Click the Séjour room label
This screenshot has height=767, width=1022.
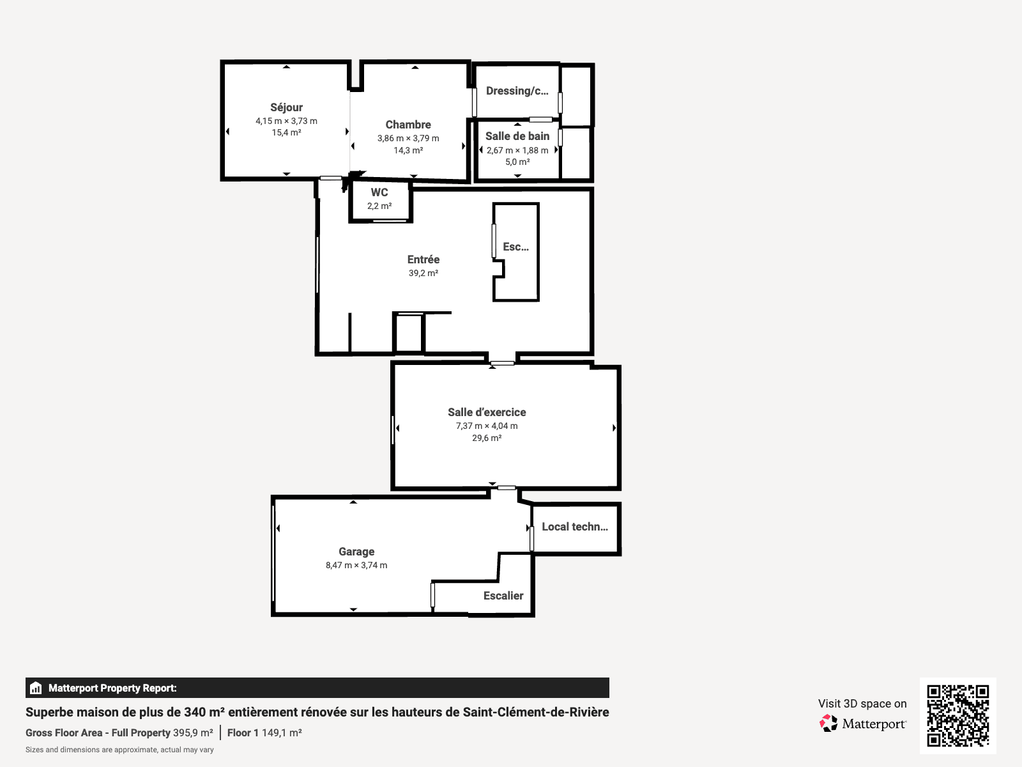(286, 107)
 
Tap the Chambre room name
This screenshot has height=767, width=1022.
(408, 125)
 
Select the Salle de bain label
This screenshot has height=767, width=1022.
(517, 136)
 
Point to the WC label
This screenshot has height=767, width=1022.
(379, 192)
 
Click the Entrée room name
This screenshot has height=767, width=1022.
(423, 260)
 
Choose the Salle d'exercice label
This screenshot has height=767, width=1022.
(487, 412)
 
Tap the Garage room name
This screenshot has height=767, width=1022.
(356, 552)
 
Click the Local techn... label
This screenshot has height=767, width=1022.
(575, 527)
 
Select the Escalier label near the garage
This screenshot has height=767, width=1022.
(503, 596)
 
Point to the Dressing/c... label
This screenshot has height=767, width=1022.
(517, 91)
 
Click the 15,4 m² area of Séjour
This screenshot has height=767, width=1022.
(286, 133)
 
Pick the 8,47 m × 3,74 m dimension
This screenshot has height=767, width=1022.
(356, 566)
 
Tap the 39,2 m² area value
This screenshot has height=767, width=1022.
(423, 274)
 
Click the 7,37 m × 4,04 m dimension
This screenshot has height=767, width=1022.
(487, 426)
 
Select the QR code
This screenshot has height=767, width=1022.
(957, 716)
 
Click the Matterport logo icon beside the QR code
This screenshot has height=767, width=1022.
(828, 724)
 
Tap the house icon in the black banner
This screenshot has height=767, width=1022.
(36, 688)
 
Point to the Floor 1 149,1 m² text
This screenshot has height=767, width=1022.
(264, 733)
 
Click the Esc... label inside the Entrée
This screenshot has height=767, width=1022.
(516, 247)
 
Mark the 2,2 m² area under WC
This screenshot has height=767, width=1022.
(379, 206)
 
